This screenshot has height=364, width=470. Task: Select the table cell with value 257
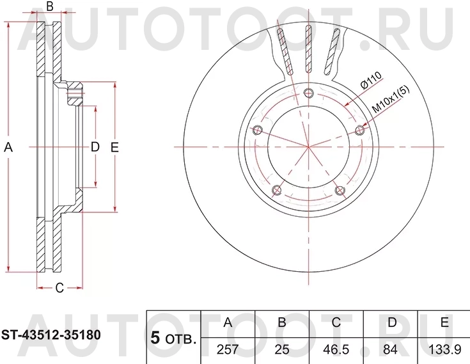click(227, 350)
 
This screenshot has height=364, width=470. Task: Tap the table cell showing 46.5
click(336, 350)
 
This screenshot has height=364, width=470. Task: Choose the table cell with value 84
click(389, 350)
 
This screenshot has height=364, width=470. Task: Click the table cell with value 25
click(281, 350)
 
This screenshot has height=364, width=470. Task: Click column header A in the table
click(227, 322)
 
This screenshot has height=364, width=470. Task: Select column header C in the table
click(336, 322)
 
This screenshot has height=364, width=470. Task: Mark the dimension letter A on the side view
click(8, 147)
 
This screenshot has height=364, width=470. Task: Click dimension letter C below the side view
click(58, 288)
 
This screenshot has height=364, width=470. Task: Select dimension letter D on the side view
click(95, 147)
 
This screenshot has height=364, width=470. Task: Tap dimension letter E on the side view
click(115, 147)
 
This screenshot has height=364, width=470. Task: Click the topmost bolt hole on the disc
click(309, 92)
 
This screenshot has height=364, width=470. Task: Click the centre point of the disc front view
click(309, 147)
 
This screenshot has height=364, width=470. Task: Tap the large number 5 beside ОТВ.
click(154, 338)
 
